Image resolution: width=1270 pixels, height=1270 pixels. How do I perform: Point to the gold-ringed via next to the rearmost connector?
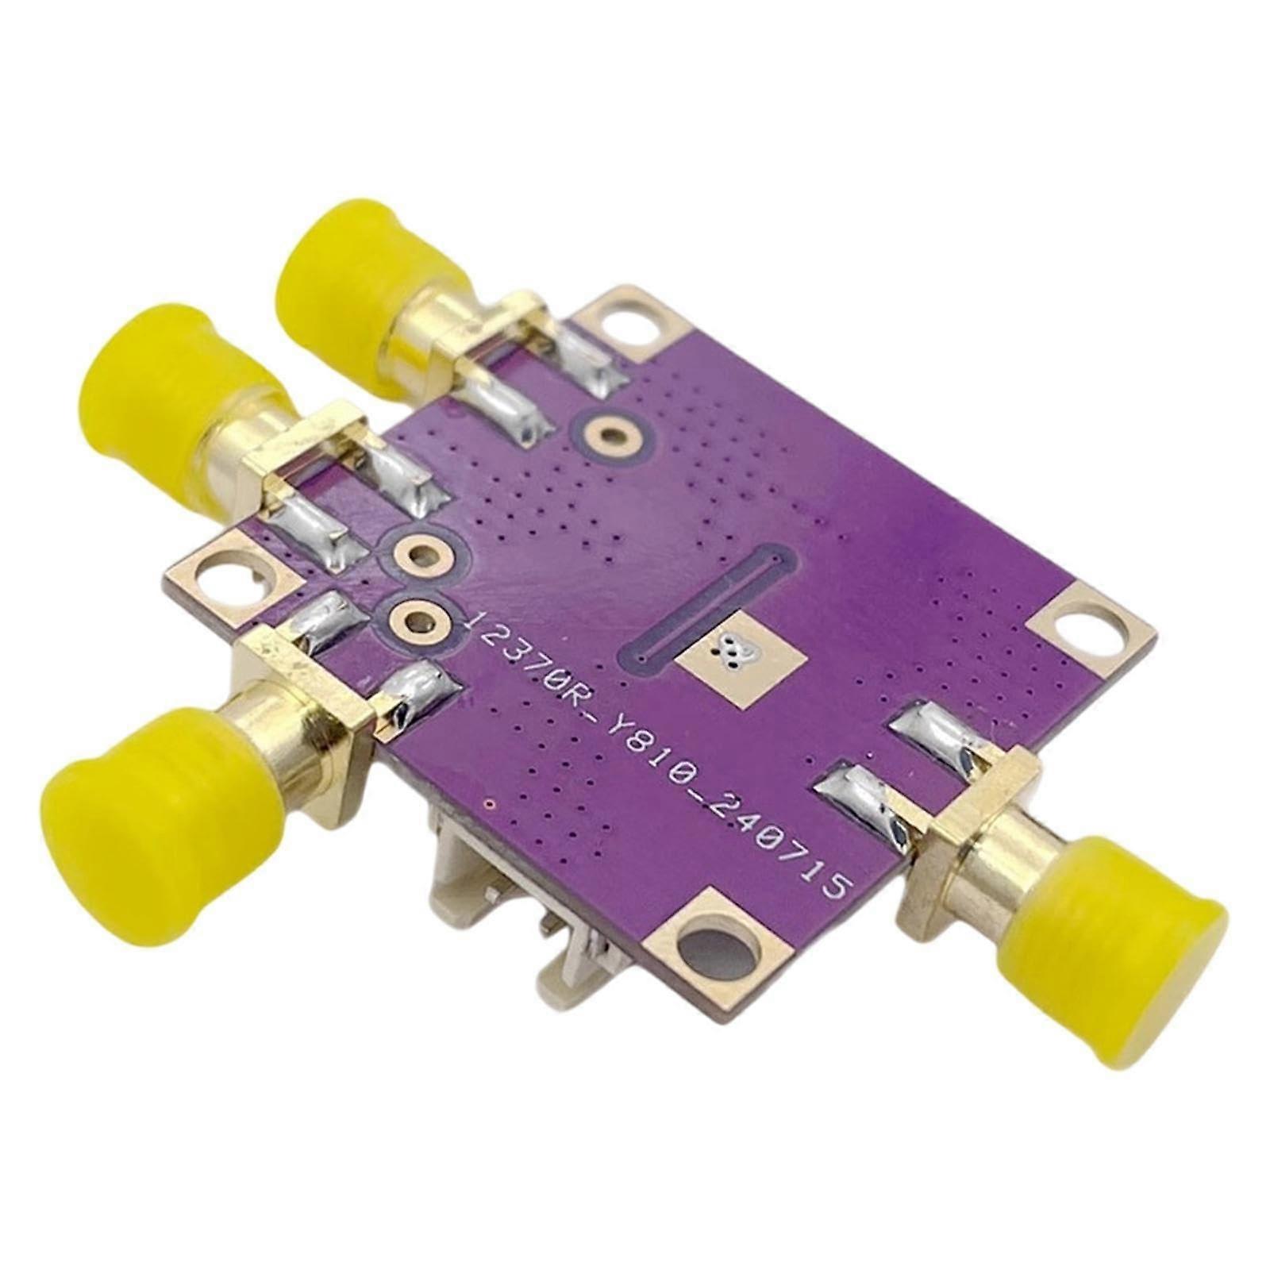pyautogui.click(x=609, y=433)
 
